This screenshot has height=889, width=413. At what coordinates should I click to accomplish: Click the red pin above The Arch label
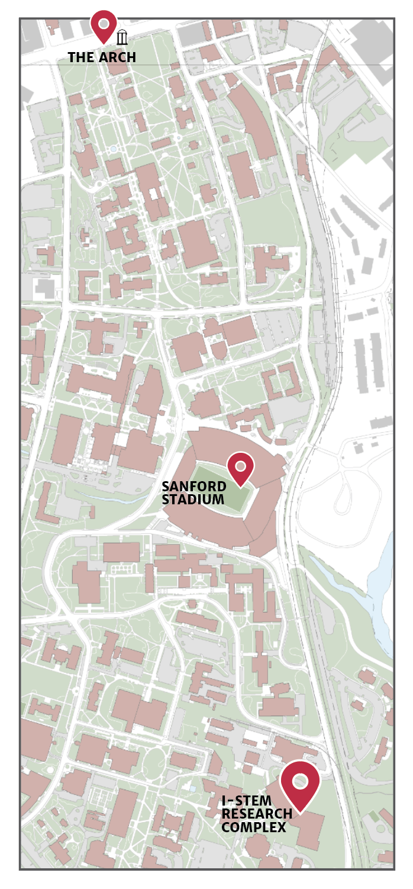[x=104, y=24]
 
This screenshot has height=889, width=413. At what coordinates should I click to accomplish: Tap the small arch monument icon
[x=122, y=38]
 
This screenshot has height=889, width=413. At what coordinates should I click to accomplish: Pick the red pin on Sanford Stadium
[x=240, y=466]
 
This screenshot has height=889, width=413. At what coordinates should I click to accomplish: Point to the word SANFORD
[x=194, y=487]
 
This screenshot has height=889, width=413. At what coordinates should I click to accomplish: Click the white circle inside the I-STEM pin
[x=300, y=781]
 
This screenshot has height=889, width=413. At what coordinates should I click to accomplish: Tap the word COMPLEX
[x=254, y=827]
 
